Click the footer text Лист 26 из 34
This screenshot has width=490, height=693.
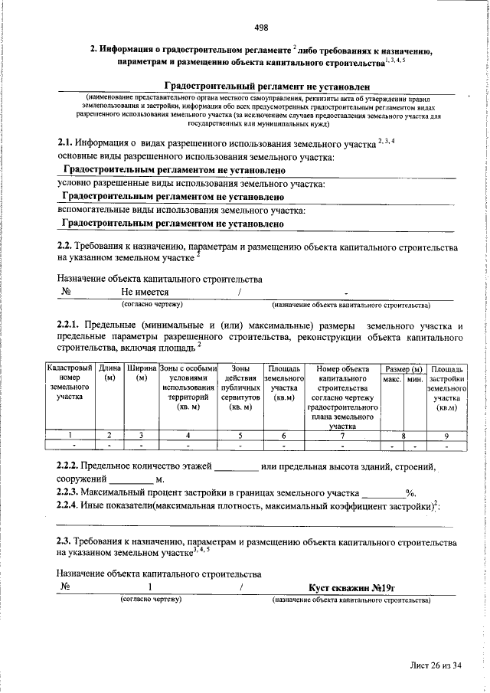pos(435,665)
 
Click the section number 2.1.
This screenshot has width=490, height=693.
pos(65,143)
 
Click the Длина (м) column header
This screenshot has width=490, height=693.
pos(109,375)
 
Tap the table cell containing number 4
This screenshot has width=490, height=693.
pos(188,435)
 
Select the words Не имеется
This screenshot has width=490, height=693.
pos(145,292)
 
